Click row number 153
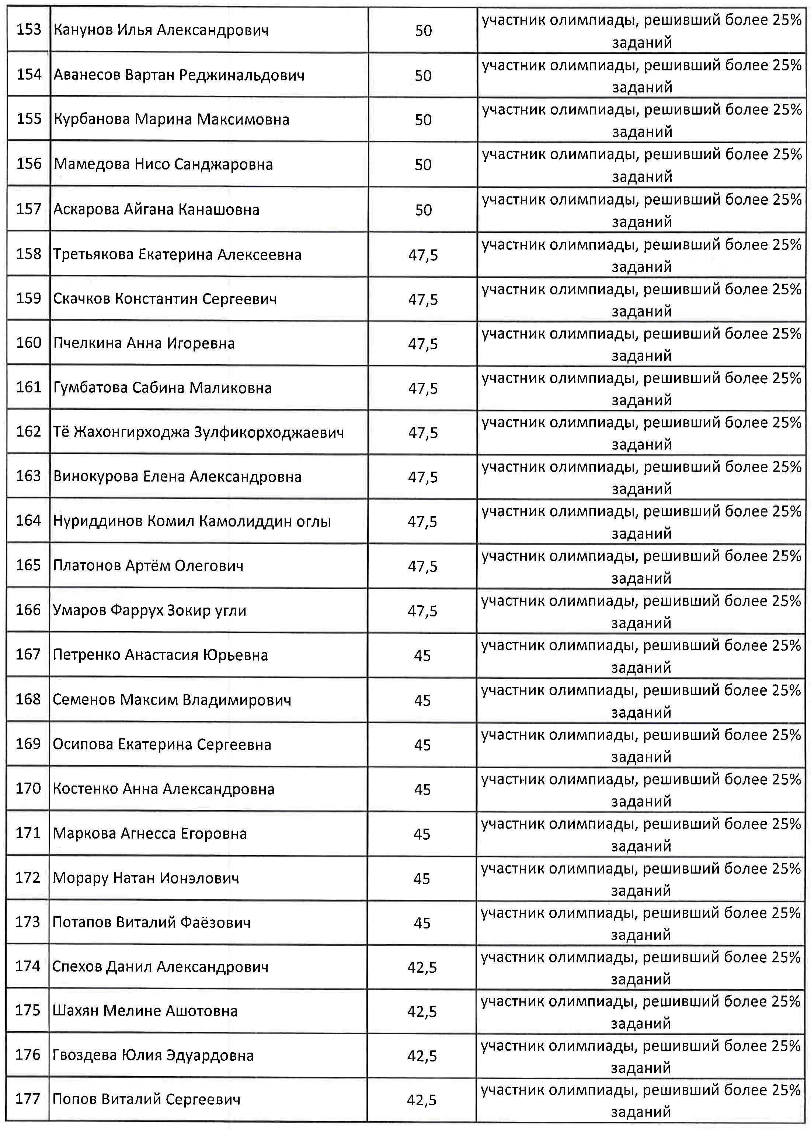28,30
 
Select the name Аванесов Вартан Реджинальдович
179,75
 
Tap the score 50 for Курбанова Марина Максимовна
423,120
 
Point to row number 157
28,209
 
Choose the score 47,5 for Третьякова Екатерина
423,255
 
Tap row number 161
28,387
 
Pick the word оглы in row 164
314,522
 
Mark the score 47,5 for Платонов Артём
423,566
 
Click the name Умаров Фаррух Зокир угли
150,611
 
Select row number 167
28,654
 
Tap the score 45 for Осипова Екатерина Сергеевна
422,744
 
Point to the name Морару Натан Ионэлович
146,878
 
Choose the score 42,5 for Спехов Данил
422,967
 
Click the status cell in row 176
641,1056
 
